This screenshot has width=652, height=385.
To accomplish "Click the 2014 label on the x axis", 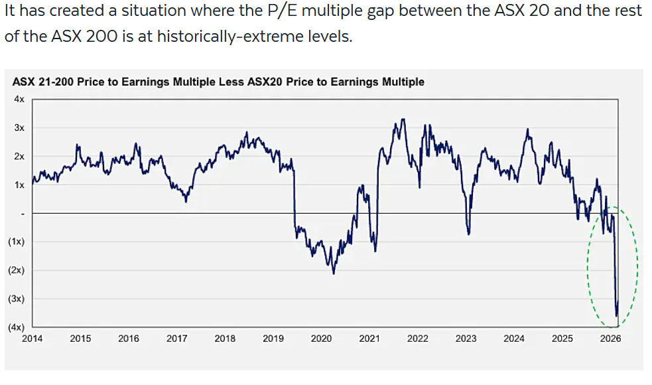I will click(x=32, y=339).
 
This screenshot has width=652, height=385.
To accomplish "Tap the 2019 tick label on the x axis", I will click(x=273, y=339).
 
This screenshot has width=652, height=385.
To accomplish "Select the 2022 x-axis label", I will click(x=418, y=339).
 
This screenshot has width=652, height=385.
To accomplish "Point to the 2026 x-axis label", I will click(x=610, y=339).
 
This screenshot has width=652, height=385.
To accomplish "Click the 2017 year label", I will click(x=176, y=339).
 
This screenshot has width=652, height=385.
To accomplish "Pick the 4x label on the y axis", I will click(x=19, y=99).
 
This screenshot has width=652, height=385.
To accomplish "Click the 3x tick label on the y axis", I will click(x=19, y=127).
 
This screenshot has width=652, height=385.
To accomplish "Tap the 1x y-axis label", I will click(x=19, y=185).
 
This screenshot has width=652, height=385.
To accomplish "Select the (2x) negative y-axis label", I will click(x=16, y=270).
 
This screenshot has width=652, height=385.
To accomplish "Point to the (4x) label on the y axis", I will click(x=16, y=327).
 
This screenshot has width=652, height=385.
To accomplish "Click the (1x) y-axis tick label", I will click(x=16, y=242).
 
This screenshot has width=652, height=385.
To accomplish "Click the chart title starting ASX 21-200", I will click(x=218, y=82).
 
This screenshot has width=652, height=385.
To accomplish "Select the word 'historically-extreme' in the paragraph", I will click(x=214, y=36).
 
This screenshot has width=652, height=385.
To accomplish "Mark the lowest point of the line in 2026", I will click(x=617, y=316).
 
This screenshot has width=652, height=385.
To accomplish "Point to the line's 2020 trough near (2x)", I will click(x=333, y=272).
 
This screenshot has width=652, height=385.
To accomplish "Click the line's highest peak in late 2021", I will click(x=403, y=119).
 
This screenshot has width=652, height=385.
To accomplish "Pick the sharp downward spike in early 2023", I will click(x=468, y=233).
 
